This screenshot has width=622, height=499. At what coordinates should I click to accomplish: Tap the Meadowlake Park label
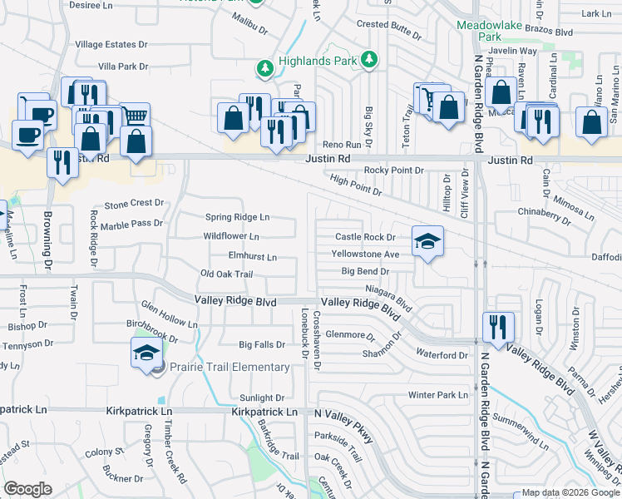(x=490, y=31)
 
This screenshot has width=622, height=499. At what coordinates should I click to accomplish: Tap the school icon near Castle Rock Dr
(x=427, y=241)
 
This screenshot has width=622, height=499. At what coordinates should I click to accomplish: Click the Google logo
(x=27, y=489)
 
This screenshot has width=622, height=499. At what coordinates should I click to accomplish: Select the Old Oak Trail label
(x=226, y=274)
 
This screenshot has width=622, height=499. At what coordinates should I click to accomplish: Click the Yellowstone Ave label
(x=365, y=254)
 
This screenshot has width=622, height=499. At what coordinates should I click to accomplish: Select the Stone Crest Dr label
(x=134, y=203)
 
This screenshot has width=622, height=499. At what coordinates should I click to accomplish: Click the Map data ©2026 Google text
(x=570, y=492)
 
